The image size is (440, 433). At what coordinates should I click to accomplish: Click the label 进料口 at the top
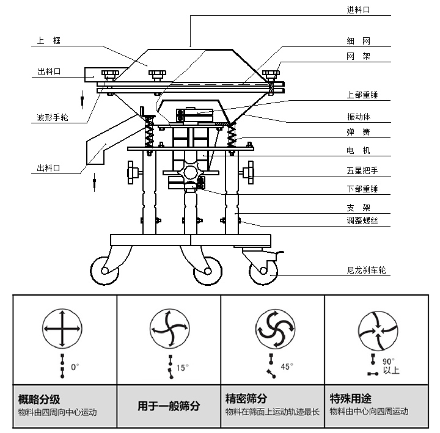point(358,10)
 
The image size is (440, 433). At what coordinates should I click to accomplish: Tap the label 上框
point(49,41)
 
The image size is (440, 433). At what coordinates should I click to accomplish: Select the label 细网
point(358,42)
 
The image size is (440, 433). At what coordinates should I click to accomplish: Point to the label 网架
point(358,56)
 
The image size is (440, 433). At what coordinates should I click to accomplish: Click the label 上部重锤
point(362,95)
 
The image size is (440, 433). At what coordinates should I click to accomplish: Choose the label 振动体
point(358,117)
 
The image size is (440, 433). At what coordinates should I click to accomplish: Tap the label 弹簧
point(358,132)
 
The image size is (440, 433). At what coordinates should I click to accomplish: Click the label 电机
point(358,150)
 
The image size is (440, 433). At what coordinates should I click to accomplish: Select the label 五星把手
point(362,172)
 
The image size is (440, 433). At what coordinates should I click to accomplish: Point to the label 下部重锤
point(362,189)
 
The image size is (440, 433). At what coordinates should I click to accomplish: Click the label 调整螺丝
point(362,220)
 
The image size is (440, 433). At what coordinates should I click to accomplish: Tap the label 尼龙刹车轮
point(365,269)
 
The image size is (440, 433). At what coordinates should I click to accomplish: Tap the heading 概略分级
point(39,399)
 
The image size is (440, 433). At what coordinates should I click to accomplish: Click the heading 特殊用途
point(350,399)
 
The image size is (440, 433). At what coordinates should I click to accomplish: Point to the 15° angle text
point(182,368)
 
